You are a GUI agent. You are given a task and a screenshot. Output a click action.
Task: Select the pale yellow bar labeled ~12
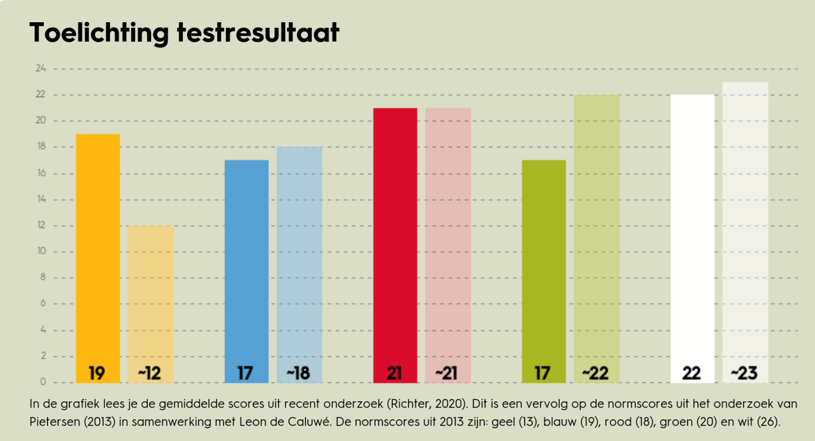[151, 296]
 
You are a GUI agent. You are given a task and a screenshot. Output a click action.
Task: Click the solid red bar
[395, 238]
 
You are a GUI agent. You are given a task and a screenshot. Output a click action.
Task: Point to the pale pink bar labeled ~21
[448, 238]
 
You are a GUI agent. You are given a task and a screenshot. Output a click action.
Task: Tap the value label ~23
[745, 373]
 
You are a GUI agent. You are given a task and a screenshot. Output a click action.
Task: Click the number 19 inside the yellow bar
[97, 373]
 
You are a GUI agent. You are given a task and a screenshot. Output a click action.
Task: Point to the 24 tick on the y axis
[41, 68]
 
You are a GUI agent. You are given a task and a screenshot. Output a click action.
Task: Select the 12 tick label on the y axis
[41, 225]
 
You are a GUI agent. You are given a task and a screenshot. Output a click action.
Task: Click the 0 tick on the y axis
[43, 382]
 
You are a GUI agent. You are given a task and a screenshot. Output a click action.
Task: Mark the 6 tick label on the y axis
[43, 303]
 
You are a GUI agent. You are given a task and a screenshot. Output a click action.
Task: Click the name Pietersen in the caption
[52, 422]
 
